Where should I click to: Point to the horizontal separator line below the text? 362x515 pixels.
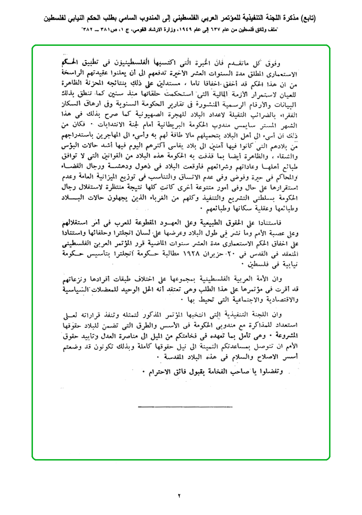(x=181, y=407)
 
